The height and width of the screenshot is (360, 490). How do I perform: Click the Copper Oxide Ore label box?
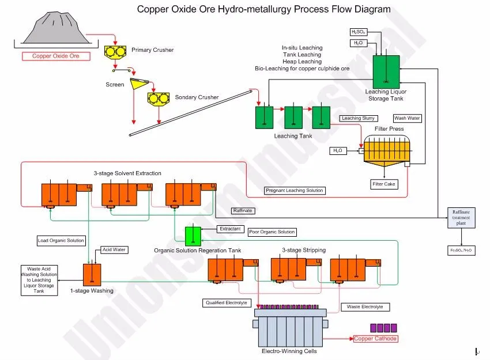pos(56,56)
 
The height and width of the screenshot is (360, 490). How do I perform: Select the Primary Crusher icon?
pos(115,52)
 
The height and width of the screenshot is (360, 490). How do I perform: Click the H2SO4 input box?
pos(359,32)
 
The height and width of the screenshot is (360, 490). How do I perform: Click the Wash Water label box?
pos(407,118)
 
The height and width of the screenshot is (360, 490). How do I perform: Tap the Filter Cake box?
pos(384,184)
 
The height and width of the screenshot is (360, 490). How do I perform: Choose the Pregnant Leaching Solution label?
pos(295,191)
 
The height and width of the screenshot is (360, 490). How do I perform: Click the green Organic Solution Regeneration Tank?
pos(193,235)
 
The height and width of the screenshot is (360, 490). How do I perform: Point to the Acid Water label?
pos(114,249)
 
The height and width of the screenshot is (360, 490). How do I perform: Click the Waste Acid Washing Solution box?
pos(40,280)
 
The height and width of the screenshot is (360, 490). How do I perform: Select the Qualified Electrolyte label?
pos(227,303)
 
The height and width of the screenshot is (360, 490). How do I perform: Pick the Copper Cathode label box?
pos(375,339)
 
